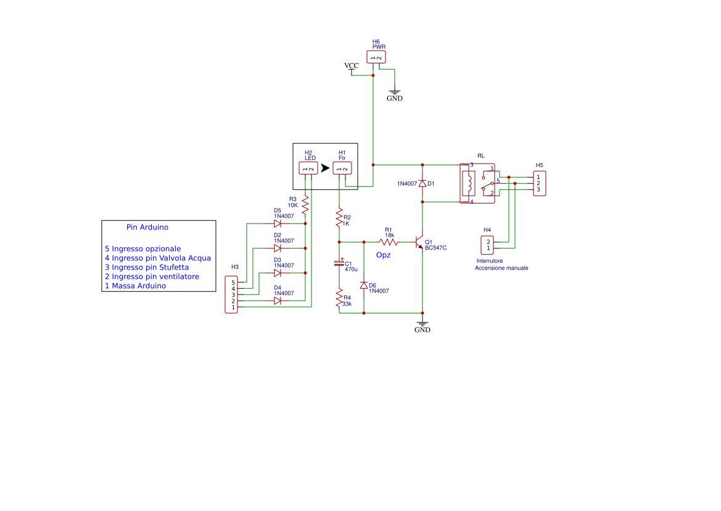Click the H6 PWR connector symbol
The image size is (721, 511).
click(x=376, y=57)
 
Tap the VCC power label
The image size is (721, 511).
click(x=351, y=66)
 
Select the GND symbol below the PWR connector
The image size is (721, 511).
click(x=395, y=94)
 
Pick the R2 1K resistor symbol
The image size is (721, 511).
click(x=339, y=218)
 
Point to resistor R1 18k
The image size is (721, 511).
click(x=389, y=241)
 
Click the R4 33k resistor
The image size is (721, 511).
click(x=339, y=299)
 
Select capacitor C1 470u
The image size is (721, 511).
click(x=339, y=264)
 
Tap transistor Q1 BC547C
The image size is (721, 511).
click(x=419, y=242)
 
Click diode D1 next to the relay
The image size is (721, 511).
click(x=422, y=183)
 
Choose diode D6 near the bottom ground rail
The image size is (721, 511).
click(x=363, y=285)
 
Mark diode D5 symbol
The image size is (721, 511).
click(x=278, y=223)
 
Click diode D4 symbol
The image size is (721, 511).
click(x=278, y=301)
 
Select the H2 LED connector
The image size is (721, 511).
click(x=308, y=168)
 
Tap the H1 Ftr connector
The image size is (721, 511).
click(x=342, y=168)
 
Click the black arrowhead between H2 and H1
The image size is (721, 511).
click(x=325, y=168)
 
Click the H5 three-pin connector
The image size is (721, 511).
click(x=540, y=183)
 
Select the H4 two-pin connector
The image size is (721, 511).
click(x=487, y=245)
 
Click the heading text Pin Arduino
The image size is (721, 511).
click(x=147, y=227)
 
